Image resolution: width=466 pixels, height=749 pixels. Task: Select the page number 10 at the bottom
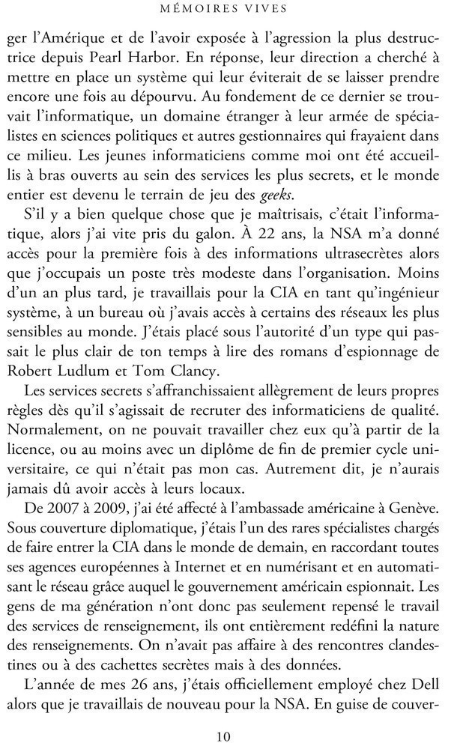point(232,735)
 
